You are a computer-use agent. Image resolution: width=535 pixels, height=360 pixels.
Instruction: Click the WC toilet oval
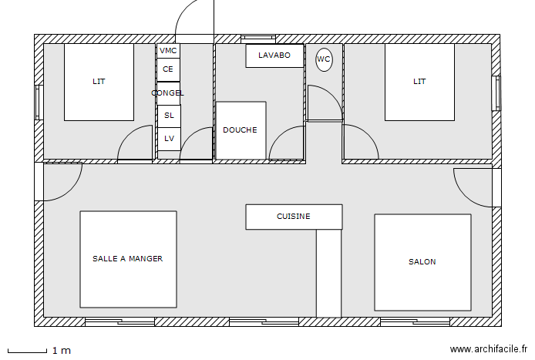pyautogui.click(x=324, y=59)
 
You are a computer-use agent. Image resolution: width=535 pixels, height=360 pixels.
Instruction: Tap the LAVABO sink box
pyautogui.click(x=274, y=56)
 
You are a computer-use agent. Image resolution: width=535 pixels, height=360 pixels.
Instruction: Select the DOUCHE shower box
pyautogui.click(x=241, y=130)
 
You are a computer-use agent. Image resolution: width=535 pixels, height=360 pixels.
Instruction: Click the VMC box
pyautogui.click(x=168, y=51)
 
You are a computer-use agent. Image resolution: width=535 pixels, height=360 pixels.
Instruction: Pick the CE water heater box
pyautogui.click(x=168, y=69)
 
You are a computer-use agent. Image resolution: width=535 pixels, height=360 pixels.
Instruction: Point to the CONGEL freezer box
pyautogui.click(x=168, y=93)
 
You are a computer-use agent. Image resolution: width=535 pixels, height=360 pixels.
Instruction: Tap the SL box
pyautogui.click(x=169, y=116)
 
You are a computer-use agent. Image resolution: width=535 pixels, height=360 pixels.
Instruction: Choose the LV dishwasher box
pyautogui.click(x=169, y=139)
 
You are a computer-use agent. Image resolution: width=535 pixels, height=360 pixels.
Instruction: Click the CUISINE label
pyautogui.click(x=294, y=217)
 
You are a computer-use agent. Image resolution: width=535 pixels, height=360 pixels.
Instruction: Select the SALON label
pyautogui.click(x=422, y=262)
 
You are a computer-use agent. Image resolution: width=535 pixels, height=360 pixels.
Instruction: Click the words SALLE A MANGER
pyautogui.click(x=128, y=259)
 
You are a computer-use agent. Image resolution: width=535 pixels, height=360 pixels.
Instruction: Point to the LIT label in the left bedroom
pyautogui.click(x=99, y=82)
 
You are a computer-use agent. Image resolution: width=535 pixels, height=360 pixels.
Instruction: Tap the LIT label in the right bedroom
pyautogui.click(x=419, y=82)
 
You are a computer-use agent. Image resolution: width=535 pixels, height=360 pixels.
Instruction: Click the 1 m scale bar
pyautogui.click(x=27, y=351)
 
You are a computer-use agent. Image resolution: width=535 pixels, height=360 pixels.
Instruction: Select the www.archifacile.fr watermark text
pyautogui.click(x=489, y=349)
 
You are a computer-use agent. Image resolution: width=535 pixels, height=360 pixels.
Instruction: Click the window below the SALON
pyautogui.click(x=415, y=321)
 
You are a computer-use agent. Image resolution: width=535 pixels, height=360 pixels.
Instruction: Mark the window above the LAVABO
pyautogui.click(x=258, y=39)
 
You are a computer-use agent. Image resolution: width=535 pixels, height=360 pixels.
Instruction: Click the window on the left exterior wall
pyautogui.click(x=39, y=103)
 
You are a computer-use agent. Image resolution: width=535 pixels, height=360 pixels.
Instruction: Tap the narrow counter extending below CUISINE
pyautogui.click(x=328, y=274)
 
